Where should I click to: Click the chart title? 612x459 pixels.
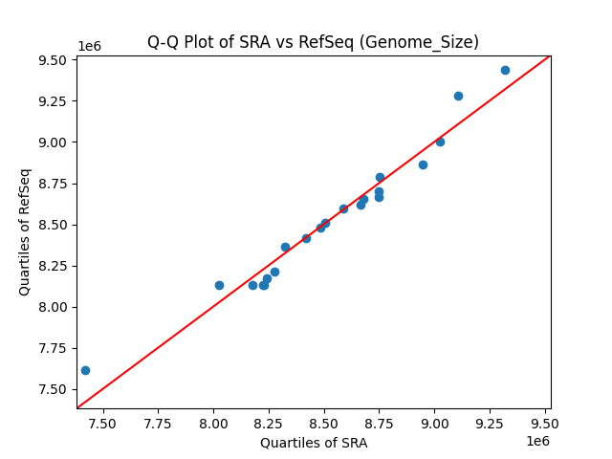[313, 42]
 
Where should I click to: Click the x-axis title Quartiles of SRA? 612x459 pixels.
[313, 443]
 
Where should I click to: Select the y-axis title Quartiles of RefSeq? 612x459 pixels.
[25, 231]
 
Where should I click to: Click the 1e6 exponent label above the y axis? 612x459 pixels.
[89, 47]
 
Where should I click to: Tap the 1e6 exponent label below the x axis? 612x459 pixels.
[536, 441]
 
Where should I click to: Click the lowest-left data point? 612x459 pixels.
[85, 370]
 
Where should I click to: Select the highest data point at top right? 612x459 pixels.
[505, 70]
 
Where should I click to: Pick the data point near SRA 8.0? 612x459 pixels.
[219, 285]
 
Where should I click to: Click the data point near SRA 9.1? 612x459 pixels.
[458, 96]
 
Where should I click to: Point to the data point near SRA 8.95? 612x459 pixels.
[423, 164]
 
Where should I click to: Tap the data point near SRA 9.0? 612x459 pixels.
[440, 142]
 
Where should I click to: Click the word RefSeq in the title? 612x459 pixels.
[380, 42]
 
